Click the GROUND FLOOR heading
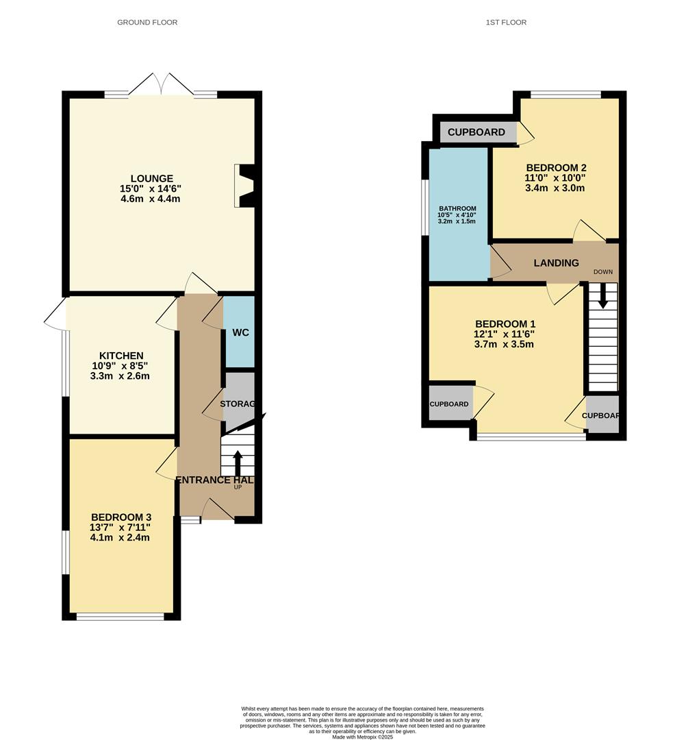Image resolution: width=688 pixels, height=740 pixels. [x=147, y=23]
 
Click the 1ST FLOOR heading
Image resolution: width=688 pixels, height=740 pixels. [x=506, y=23]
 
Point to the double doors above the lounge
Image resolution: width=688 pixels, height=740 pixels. [x=161, y=85]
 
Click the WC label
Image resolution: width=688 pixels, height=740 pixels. [x=240, y=333]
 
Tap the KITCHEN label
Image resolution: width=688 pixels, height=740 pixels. [x=121, y=356]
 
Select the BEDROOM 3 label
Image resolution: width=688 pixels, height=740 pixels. [x=121, y=517]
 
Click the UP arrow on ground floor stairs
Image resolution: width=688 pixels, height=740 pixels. [x=238, y=463]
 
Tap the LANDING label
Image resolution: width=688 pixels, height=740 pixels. [x=557, y=263]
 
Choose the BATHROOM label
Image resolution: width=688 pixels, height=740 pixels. [x=457, y=209]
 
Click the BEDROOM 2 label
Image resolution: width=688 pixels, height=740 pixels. [x=556, y=168]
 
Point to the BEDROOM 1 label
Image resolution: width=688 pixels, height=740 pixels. [x=505, y=324]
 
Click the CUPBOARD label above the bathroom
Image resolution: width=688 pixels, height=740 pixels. [x=476, y=132]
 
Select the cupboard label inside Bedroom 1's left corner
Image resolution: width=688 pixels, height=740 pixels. [x=449, y=404]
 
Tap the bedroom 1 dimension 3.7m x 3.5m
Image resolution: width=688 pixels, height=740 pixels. [x=504, y=344]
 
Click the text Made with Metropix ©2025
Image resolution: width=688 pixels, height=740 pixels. [x=363, y=737]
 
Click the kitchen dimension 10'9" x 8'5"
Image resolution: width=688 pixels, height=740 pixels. [x=121, y=366]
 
